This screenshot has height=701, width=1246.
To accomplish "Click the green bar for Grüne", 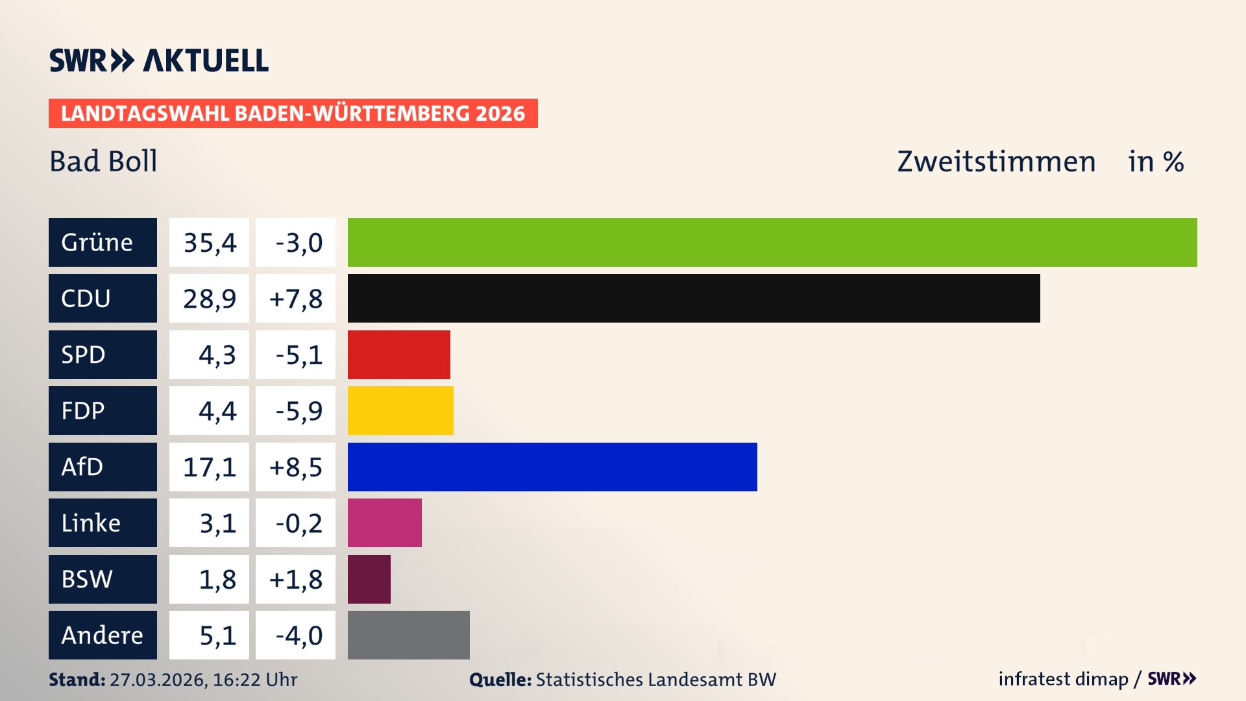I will [772, 242].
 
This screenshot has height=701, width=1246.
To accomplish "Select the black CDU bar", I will [694, 298].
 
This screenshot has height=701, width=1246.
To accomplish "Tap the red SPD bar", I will [398, 354].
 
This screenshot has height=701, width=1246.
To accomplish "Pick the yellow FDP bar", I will [400, 410].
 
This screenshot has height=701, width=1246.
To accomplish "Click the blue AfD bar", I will [552, 467].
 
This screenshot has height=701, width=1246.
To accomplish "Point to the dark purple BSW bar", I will [369, 579].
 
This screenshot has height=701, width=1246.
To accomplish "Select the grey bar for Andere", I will [408, 635].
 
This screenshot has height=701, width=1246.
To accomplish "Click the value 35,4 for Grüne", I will [209, 242].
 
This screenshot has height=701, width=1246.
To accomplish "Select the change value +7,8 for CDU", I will [295, 298].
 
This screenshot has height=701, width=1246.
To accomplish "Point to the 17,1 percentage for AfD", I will [209, 467].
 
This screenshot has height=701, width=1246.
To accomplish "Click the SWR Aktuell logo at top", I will [158, 60].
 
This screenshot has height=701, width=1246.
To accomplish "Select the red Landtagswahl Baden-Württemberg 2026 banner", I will [293, 113].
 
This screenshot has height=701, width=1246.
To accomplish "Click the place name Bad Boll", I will [103, 161].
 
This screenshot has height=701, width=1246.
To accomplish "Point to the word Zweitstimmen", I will [996, 161].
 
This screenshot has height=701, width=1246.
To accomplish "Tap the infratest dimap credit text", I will [1062, 679].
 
